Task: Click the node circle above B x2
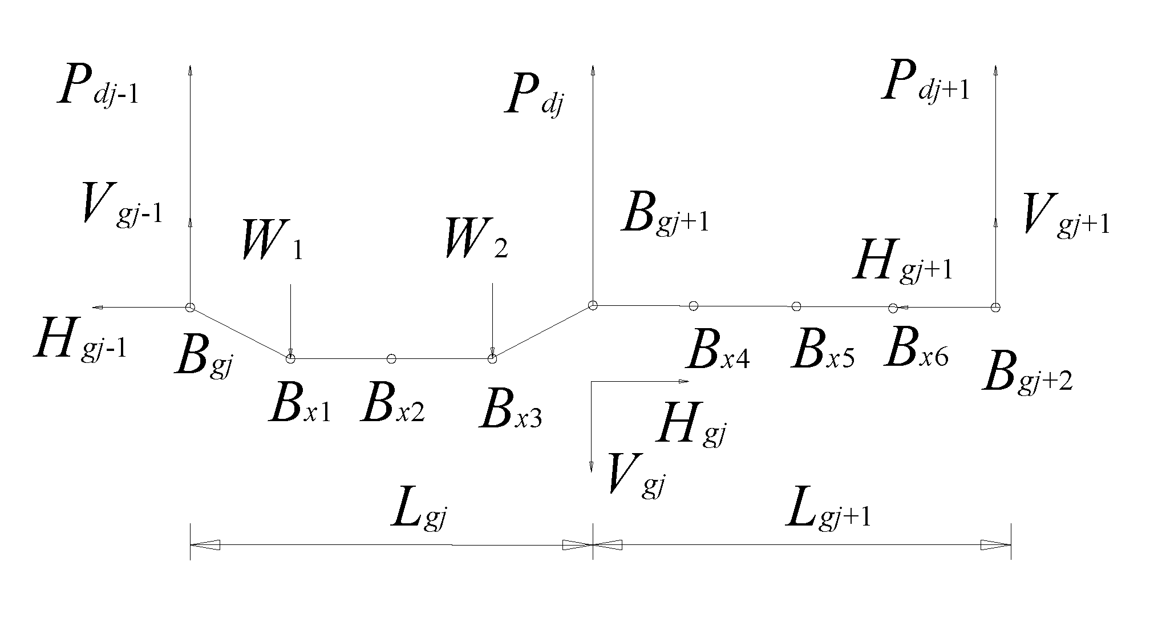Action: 391,358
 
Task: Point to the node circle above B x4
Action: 693,306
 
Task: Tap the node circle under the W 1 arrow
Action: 290,358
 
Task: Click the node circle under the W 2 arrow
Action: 493,358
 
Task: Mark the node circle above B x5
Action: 796,306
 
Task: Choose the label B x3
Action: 511,409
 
